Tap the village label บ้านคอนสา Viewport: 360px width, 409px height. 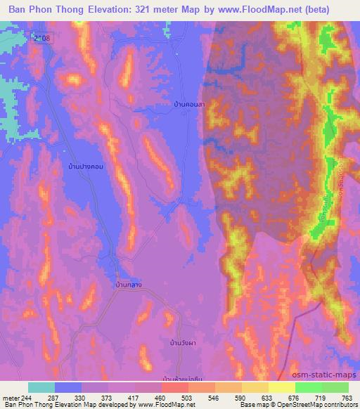coord(192,103)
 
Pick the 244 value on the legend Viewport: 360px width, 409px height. coord(26,397)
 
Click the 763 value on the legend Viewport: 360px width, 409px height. coord(346,397)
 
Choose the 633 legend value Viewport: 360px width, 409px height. coord(257,397)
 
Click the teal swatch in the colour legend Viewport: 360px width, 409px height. coord(41,387)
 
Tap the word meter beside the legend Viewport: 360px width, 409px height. coord(10,397)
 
